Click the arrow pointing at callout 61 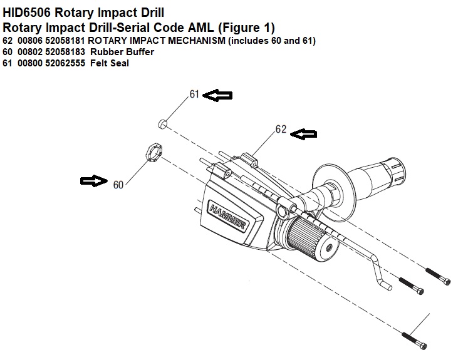tap(219, 95)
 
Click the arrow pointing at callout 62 tap(305, 133)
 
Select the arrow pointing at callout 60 tap(94, 181)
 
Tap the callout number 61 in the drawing tap(194, 95)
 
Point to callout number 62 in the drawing tap(281, 130)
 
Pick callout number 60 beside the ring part tap(118, 185)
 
